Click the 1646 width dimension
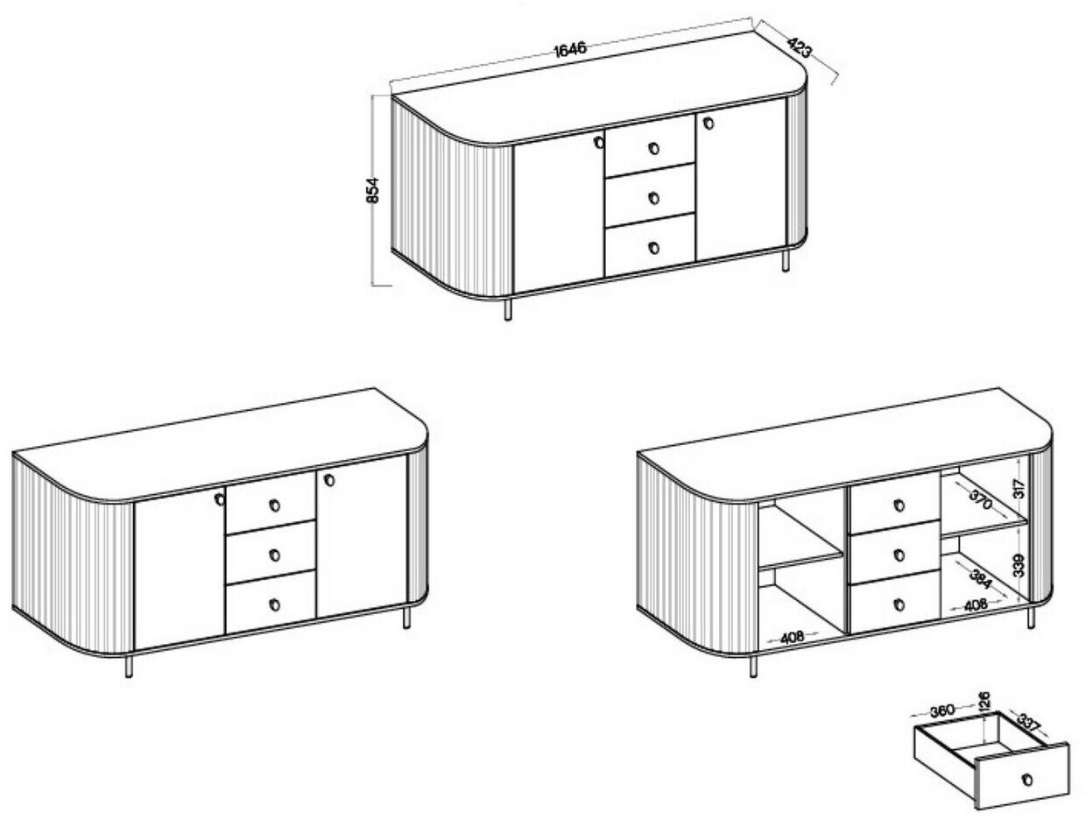[570, 49]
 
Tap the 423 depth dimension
[799, 47]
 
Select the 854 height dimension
[372, 190]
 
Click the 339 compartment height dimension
[1019, 566]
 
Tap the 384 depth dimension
[980, 579]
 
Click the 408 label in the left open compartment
[792, 638]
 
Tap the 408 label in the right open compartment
[977, 604]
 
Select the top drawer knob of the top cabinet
[653, 148]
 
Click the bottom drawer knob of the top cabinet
[653, 247]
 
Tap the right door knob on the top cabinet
[709, 123]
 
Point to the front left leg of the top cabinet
[508, 308]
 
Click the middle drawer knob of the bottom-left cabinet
[275, 555]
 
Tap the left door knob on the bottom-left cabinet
[220, 499]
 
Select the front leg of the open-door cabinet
[753, 665]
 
